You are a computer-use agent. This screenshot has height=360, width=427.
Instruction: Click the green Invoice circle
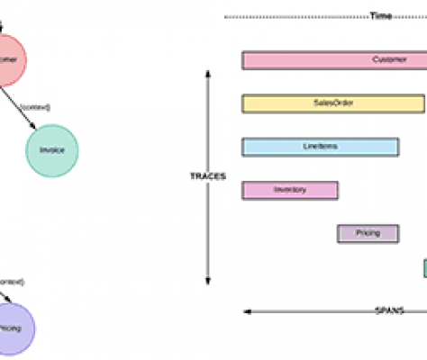tap(52, 149)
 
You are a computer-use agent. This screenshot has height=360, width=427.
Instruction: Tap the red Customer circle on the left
tap(6, 60)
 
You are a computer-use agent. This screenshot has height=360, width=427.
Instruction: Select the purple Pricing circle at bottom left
tap(9, 328)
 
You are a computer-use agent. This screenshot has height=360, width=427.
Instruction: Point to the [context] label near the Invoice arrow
tap(37, 107)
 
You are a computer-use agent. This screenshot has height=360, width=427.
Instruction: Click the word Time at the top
tap(380, 16)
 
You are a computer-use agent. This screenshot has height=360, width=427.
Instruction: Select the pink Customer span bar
tap(333, 60)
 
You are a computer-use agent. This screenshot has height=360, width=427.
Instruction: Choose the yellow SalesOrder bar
tap(333, 103)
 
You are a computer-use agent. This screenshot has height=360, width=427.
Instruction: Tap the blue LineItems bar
tap(320, 147)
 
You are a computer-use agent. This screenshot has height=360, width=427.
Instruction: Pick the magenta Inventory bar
tap(290, 190)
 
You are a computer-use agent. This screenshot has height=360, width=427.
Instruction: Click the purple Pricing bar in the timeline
tap(368, 233)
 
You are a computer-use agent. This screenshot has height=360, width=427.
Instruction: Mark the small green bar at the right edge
tap(424, 268)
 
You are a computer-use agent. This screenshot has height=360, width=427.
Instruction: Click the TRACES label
tap(208, 176)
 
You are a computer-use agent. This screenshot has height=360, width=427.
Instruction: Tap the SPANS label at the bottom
tap(388, 310)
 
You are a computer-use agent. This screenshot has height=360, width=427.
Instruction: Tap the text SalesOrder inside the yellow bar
tap(332, 103)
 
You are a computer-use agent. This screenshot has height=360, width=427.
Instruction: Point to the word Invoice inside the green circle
tap(52, 149)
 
